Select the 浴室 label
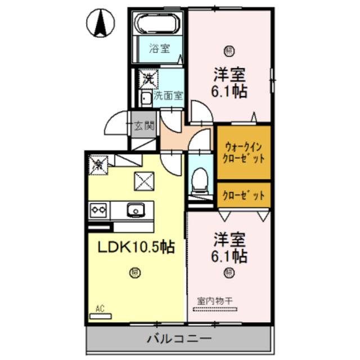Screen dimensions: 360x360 tap(159, 49)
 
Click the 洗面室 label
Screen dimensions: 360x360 tap(168, 95)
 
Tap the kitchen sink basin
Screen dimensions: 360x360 tap(136, 210)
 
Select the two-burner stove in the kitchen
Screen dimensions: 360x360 tap(99, 210)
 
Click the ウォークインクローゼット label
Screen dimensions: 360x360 tap(244, 152)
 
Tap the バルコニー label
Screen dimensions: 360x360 tap(179, 339)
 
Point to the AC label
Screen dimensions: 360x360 tap(100, 308)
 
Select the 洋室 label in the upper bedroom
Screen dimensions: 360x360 tap(229, 75)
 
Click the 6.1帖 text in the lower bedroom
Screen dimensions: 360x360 tap(229, 256)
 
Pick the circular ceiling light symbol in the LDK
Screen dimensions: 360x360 tap(135, 273)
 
